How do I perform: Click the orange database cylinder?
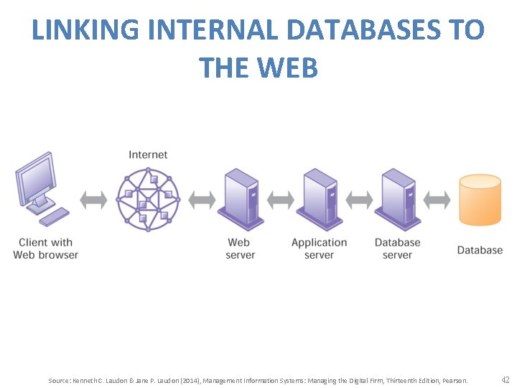click(x=480, y=200)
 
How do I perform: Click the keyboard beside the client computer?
click(x=54, y=216)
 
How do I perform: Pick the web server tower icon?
click(x=241, y=198)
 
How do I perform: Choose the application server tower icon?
click(x=320, y=198)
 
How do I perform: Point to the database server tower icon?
click(x=397, y=198)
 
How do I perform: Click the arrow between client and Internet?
click(x=93, y=199)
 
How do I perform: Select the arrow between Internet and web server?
click(x=202, y=199)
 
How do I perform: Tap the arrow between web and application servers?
click(x=280, y=199)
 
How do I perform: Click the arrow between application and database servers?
click(x=358, y=199)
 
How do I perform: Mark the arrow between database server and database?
click(x=437, y=199)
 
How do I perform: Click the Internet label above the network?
click(x=148, y=154)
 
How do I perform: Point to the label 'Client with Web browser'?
click(x=45, y=249)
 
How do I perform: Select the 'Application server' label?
click(x=319, y=249)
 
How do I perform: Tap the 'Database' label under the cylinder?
click(x=480, y=250)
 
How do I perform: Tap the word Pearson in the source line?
click(x=455, y=380)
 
